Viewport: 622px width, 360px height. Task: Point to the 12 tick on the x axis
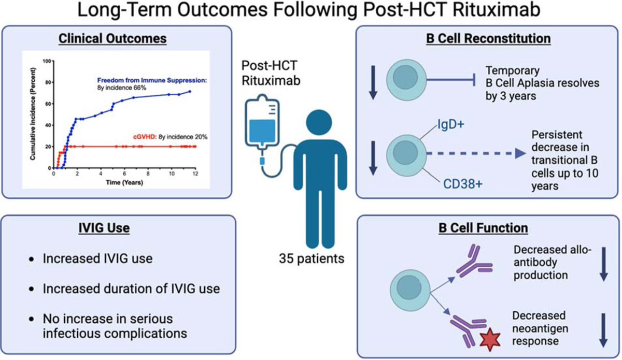point(195,175)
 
